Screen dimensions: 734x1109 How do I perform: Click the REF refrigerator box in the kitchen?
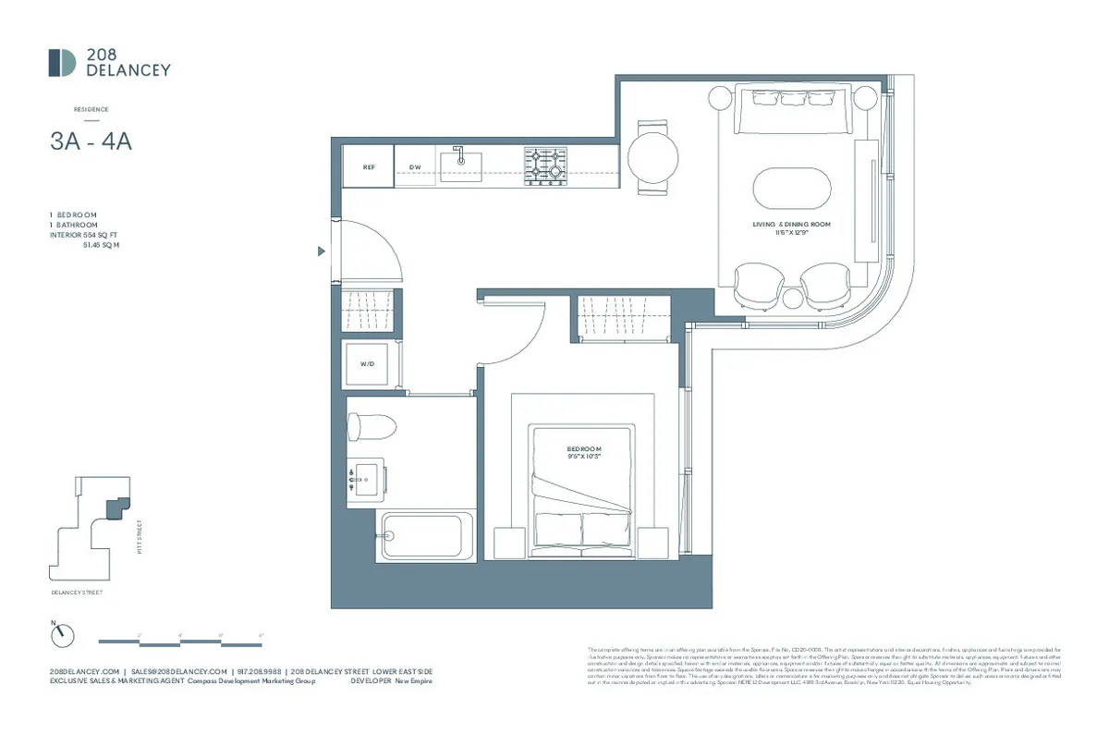pos(368,167)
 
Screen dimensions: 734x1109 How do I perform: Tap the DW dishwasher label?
pos(415,167)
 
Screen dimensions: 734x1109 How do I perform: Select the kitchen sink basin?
pos(460,165)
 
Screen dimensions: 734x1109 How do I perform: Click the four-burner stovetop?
pos(545,166)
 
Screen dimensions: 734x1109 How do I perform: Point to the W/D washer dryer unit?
pos(369,365)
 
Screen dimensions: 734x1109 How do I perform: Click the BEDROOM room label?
pos(584,449)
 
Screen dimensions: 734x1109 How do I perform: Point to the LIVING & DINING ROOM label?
pos(792,225)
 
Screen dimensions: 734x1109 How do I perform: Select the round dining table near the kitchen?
pos(654,158)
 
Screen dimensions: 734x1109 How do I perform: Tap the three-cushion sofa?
pos(793,110)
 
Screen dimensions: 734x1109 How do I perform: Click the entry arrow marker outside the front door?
pos(321,251)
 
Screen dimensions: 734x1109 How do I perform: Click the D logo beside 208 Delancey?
pos(63,63)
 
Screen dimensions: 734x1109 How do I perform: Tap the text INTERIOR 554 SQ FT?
pos(86,235)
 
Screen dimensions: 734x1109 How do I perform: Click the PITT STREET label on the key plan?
pos(140,537)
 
